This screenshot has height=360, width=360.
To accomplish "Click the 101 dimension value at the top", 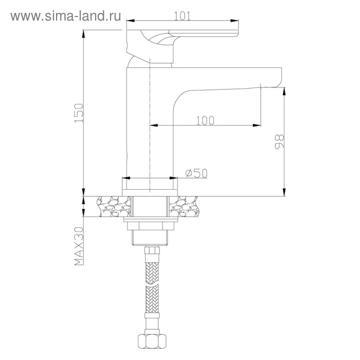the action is [182, 16].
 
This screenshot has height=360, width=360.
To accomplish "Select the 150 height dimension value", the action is [79, 113].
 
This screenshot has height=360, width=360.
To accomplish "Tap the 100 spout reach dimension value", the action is [205, 120].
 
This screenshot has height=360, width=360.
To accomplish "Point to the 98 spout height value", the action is [279, 141].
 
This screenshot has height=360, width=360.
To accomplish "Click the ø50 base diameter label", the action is [196, 173].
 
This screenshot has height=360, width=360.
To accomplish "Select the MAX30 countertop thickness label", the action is [79, 246].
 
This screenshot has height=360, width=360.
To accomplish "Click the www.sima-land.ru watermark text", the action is [66, 16].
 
